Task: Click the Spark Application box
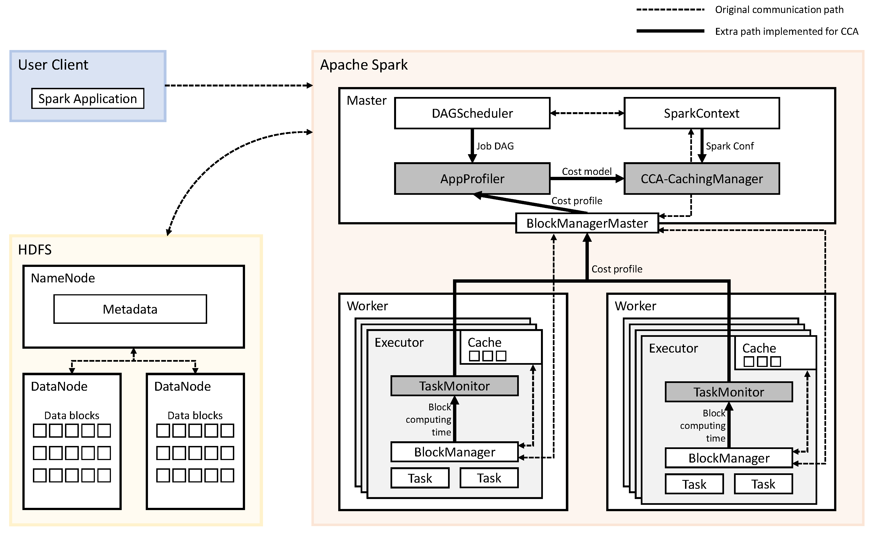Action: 87,99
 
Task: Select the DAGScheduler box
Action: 472,114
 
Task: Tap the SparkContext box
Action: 701,114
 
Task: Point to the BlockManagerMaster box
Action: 587,224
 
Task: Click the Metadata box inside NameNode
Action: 130,309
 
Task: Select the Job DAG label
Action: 495,146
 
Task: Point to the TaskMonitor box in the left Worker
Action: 454,386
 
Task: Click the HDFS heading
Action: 35,250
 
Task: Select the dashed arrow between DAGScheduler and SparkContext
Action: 587,113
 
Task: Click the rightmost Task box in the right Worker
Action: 763,484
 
